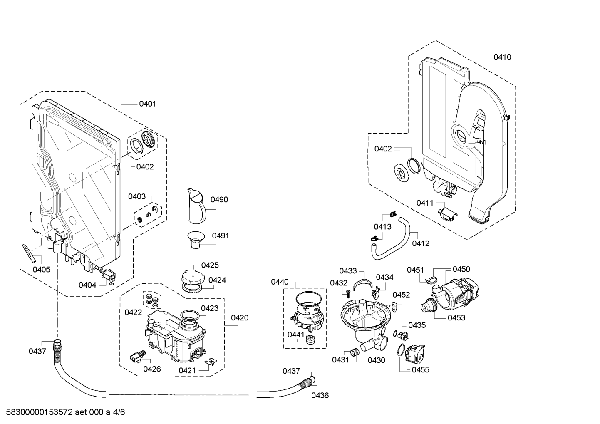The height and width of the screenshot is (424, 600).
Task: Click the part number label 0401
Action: pos(147,104)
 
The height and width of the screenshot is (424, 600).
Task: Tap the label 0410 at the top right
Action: pos(502,57)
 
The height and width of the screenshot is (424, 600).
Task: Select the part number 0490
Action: pos(219,200)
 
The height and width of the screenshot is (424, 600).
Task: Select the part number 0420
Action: pos(240,318)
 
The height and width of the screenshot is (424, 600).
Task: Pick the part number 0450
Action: pos(461,269)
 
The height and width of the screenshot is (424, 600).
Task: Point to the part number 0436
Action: pos(320,395)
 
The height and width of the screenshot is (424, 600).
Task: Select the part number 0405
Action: pos(41,269)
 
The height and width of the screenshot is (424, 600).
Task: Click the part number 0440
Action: pos(280,282)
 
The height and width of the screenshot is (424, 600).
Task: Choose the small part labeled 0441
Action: pos(310,339)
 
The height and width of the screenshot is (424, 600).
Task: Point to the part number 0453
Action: pos(456,317)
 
